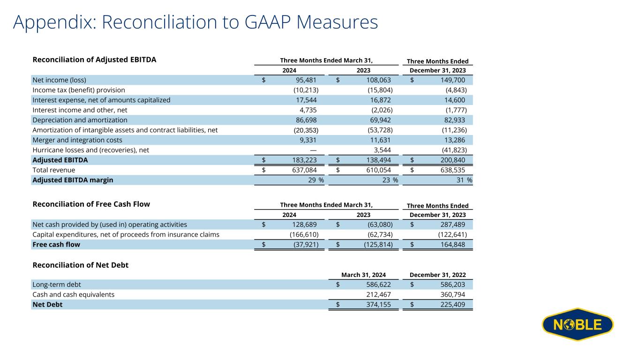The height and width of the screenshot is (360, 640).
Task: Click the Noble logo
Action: (x=577, y=324)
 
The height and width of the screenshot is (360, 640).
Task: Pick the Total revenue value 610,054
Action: (x=377, y=170)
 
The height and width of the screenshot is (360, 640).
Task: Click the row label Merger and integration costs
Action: (x=77, y=140)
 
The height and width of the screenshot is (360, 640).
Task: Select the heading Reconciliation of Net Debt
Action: (x=80, y=265)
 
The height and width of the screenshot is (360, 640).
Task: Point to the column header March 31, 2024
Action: (x=363, y=275)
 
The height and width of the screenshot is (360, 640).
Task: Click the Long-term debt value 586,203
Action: (x=452, y=285)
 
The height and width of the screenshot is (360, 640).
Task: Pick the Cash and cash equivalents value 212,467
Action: (x=378, y=294)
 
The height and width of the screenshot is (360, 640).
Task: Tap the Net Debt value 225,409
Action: (x=452, y=305)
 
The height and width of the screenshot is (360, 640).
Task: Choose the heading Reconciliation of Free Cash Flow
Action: (x=91, y=204)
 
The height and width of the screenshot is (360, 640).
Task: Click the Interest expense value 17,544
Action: (x=305, y=100)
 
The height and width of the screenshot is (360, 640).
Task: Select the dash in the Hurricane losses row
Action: (x=313, y=150)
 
